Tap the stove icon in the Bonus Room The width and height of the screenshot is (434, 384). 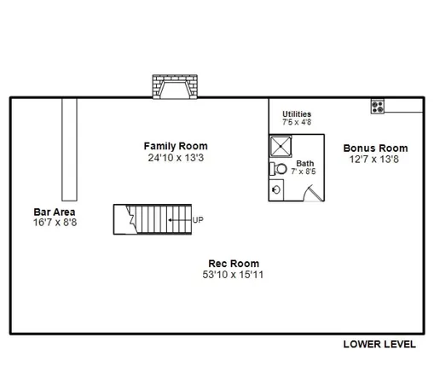pyautogui.click(x=377, y=106)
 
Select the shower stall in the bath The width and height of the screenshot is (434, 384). pyautogui.click(x=281, y=148)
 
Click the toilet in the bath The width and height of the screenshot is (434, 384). pyautogui.click(x=282, y=168)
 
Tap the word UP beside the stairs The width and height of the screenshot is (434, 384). pyautogui.click(x=199, y=219)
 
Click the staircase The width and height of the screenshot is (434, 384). pyautogui.click(x=153, y=219)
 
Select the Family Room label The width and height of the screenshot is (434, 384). pyautogui.click(x=176, y=146)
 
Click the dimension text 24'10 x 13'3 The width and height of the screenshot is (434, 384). pyautogui.click(x=176, y=157)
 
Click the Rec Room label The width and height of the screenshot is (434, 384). pyautogui.click(x=234, y=264)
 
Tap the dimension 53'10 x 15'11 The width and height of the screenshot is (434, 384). pyautogui.click(x=234, y=275)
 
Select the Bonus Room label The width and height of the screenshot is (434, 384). pyautogui.click(x=375, y=148)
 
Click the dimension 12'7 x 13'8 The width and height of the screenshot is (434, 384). pyautogui.click(x=375, y=159)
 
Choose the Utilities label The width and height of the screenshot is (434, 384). pyautogui.click(x=297, y=113)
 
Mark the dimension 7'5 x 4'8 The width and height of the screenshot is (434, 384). pyautogui.click(x=297, y=122)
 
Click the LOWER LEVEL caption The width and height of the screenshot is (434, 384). pyautogui.click(x=379, y=345)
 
